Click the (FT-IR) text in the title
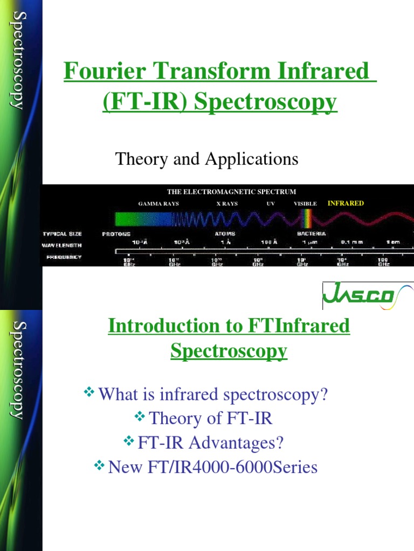[139, 102]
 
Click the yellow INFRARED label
[346, 203]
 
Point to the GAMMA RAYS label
[158, 204]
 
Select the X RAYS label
[227, 204]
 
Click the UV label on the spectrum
[271, 204]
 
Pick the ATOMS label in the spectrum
[225, 234]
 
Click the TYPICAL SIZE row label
[63, 234]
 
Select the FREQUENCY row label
[64, 257]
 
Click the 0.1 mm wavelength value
[351, 242]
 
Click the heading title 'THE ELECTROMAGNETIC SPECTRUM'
[231, 191]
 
